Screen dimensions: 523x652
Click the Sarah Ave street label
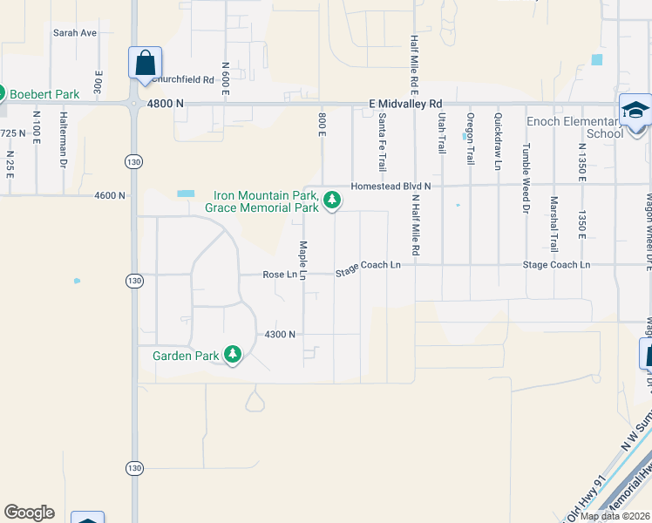coord(74,33)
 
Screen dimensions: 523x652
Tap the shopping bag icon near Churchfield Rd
coord(144,63)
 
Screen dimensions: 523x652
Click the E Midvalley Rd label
coord(406,103)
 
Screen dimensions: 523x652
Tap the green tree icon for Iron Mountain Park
coord(331,200)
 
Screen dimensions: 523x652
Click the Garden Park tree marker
coord(232,355)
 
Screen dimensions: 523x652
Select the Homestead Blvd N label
coord(391,187)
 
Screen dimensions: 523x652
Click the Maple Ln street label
coord(303,260)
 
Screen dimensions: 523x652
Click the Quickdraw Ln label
coord(498,140)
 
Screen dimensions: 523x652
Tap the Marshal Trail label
coord(554,223)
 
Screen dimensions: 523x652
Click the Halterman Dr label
coord(64,139)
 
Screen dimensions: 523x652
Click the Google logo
coord(29,513)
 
